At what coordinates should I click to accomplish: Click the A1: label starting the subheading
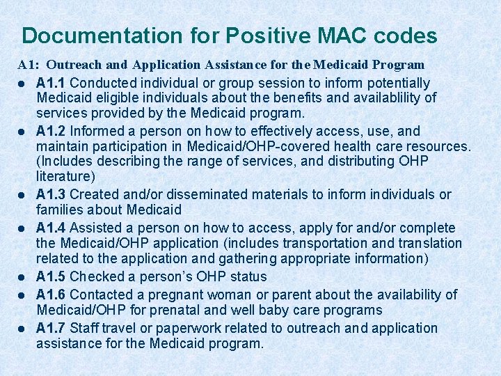pos(29,65)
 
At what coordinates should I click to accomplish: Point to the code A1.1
pos(51,83)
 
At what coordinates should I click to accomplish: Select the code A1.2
pos(51,131)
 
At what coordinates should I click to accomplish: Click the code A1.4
pos(51,228)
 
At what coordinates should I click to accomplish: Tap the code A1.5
pos(51,276)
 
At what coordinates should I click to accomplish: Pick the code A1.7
pos(51,328)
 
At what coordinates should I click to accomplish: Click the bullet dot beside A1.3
pos(22,195)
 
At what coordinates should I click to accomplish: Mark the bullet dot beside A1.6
pos(22,295)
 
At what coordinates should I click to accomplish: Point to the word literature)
pos(65,177)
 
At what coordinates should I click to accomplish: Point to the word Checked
pos(98,276)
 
